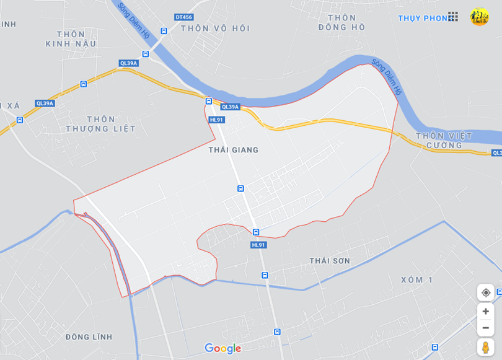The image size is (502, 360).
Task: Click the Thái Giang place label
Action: (x=234, y=150)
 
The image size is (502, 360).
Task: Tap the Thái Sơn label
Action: (x=330, y=261)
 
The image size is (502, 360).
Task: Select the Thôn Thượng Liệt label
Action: (x=101, y=124)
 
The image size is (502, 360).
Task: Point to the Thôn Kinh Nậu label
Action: (x=71, y=39)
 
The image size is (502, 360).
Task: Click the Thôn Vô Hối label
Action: (x=215, y=29)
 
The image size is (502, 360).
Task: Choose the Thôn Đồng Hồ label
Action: (x=341, y=22)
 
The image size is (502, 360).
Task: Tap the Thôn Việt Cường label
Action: (x=444, y=140)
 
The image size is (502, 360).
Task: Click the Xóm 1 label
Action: (x=416, y=280)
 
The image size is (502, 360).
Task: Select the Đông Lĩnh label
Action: (x=89, y=337)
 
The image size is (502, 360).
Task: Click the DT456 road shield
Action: (x=183, y=17)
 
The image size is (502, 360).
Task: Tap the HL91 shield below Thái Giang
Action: (x=258, y=245)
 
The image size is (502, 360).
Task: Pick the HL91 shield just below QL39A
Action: (x=216, y=120)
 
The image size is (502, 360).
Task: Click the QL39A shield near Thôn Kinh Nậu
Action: (x=128, y=63)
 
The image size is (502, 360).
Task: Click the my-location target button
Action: (x=485, y=292)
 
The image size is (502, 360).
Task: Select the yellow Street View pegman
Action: (x=485, y=347)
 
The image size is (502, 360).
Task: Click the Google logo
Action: (x=222, y=349)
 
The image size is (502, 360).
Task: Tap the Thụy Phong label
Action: (x=423, y=18)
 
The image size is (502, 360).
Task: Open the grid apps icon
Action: (x=453, y=17)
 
